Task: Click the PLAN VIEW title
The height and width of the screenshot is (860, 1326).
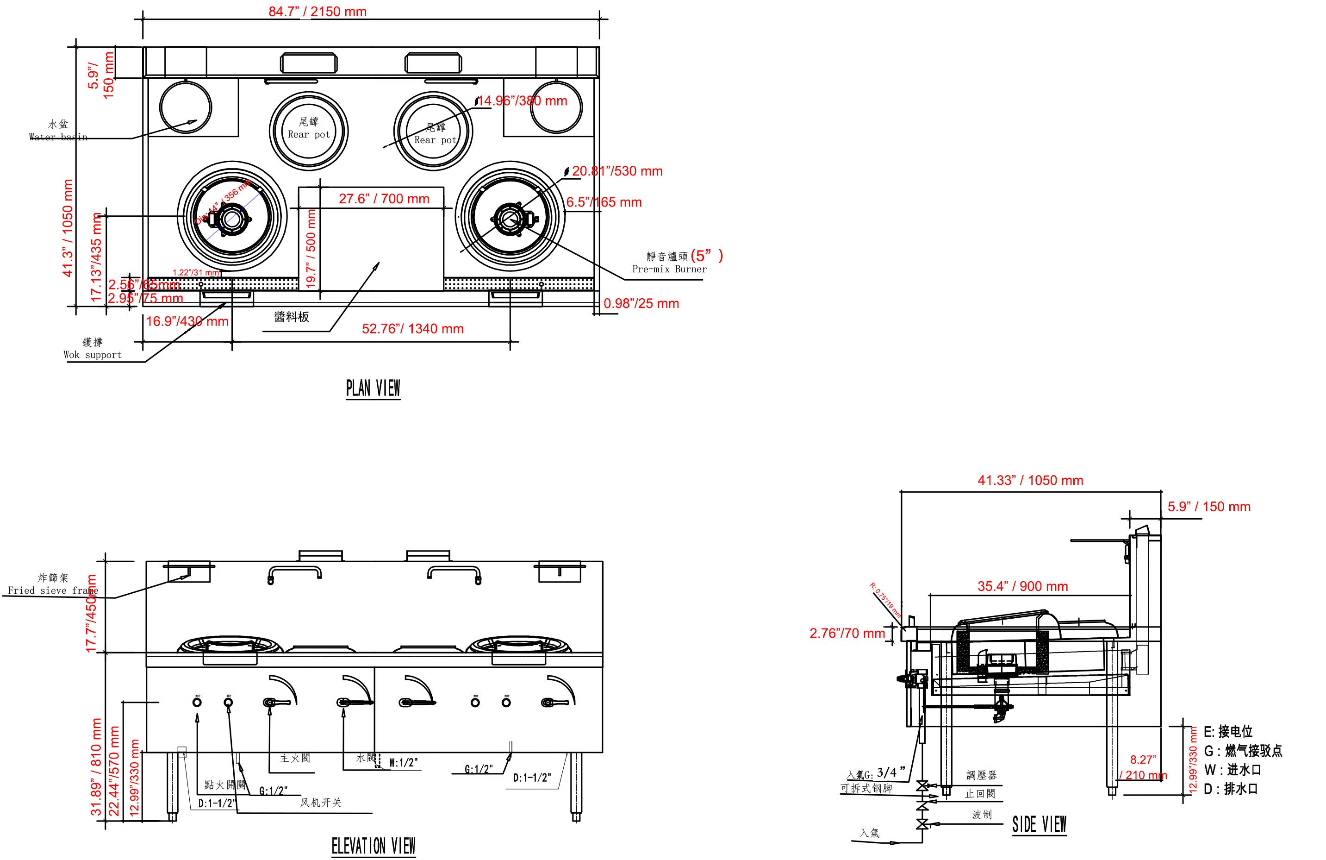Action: pos(373,388)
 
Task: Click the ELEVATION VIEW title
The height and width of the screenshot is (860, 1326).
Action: pos(374,846)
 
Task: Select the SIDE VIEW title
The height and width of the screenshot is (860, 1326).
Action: pos(1039,824)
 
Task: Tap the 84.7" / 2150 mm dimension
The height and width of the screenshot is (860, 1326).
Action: pos(317,12)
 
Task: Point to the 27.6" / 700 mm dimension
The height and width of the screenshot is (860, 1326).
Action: pos(384,199)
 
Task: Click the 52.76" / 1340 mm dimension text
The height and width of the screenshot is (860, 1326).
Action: pos(412,329)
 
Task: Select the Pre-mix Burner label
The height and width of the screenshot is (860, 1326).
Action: pos(669,269)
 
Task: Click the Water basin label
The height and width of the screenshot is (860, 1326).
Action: pos(58,137)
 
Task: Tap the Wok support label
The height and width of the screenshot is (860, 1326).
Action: pos(93,354)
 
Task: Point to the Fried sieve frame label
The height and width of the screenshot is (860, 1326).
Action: pos(53,590)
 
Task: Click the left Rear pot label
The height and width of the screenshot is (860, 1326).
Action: pos(309,134)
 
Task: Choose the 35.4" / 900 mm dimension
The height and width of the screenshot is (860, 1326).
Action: pos(1022,586)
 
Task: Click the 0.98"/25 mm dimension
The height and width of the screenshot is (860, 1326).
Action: pos(641,304)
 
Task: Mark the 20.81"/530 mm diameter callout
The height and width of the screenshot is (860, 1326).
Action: pos(617,171)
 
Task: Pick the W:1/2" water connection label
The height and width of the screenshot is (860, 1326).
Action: pos(403,762)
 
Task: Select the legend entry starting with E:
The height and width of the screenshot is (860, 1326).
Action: pos(1227,731)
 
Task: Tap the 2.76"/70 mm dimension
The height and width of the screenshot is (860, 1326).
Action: pos(847,633)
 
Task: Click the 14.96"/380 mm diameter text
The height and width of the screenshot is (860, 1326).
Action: pos(523,101)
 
